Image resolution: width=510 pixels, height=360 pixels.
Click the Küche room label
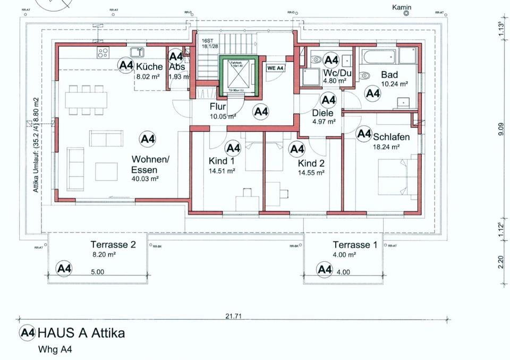coord(149,67)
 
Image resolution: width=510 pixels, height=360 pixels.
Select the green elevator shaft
coord(238,76)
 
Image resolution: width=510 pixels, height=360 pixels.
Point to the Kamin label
coord(402,7)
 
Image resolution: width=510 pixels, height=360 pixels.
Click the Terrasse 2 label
coord(113,245)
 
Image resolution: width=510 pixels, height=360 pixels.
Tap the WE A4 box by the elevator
coord(276,68)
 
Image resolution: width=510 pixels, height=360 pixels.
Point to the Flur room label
coord(218,107)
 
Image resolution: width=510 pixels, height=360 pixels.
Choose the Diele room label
coord(323,113)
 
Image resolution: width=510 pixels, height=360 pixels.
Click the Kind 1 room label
coord(222,161)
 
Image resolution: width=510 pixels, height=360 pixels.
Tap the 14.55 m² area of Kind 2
coord(311,173)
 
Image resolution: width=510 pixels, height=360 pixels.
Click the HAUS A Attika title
coord(81,333)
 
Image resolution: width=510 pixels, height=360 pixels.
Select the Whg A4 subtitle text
coord(55,349)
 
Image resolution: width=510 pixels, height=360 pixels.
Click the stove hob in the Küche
coord(103,52)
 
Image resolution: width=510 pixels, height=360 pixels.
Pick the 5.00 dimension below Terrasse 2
coord(97,271)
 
